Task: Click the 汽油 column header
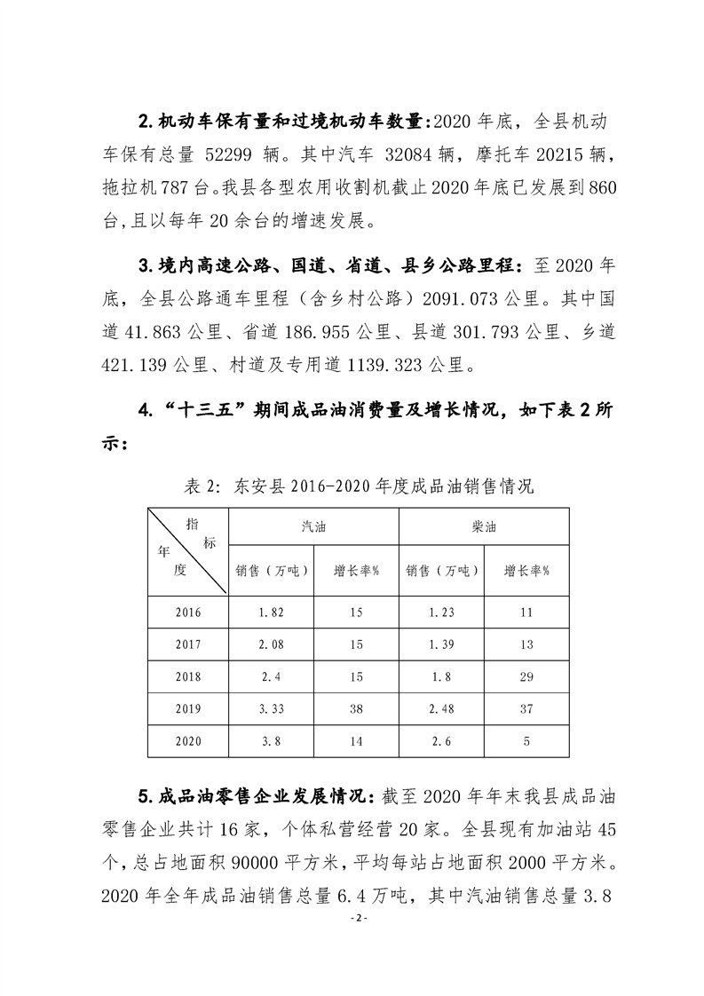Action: coord(313,526)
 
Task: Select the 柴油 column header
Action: coord(484,526)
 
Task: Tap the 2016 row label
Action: coord(188,613)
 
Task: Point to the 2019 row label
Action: coord(188,708)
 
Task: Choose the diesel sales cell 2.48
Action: coord(441,708)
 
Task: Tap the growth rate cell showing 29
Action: coord(526,676)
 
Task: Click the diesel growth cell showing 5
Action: coord(526,740)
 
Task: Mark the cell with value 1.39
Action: coord(441,644)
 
